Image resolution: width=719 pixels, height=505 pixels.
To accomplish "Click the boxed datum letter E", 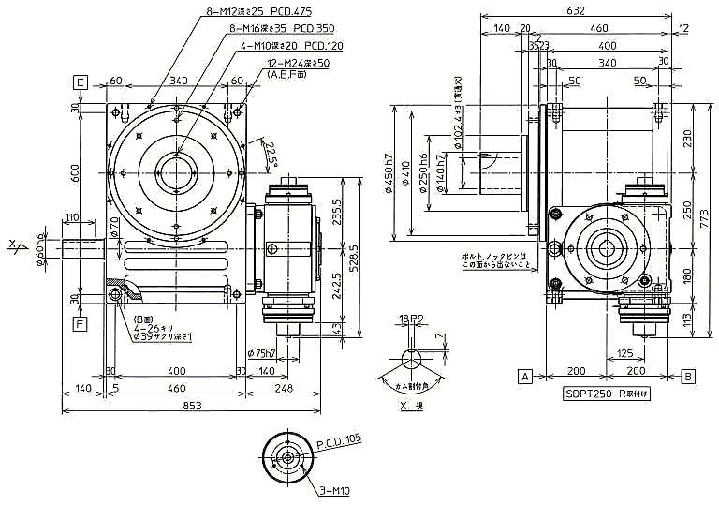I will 81,83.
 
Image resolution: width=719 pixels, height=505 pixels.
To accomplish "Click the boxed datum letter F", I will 81,324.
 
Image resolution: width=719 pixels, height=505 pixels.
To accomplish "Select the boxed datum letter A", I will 525,376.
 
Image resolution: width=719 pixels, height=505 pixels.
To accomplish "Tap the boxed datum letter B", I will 689,376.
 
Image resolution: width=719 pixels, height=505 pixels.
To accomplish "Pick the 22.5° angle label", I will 271,155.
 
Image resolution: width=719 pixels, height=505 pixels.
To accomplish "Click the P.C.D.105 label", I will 338,439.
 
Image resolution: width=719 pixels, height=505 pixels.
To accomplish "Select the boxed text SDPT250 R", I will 607,394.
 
